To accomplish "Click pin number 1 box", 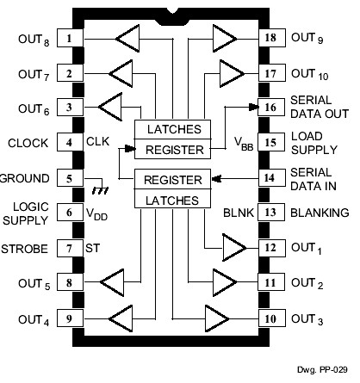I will coord(68,39).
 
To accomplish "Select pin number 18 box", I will coord(270,39).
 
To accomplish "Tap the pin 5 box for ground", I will coord(68,178).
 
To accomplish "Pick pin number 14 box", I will coord(270,178).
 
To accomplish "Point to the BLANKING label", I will coord(319,213).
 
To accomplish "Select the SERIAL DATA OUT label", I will coord(319,108).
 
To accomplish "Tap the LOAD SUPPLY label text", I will coord(313,143).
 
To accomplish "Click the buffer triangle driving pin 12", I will coord(233,249).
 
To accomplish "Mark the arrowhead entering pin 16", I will coord(256,108).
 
